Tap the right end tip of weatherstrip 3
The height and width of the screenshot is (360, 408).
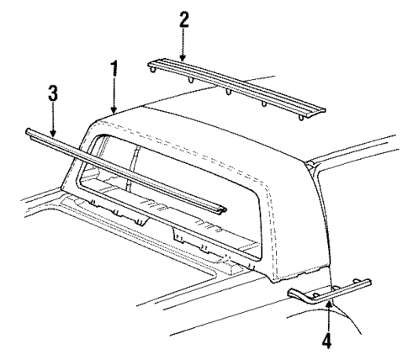tap(225, 205)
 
